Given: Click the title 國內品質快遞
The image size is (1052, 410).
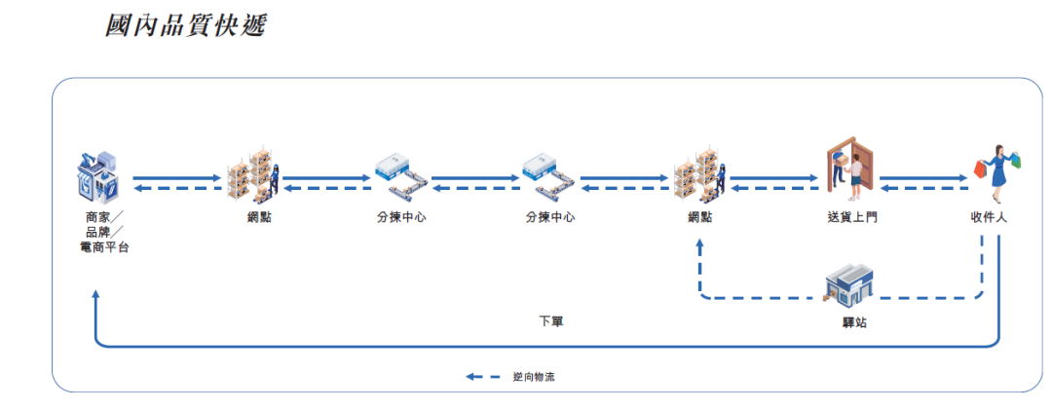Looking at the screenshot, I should (185, 24).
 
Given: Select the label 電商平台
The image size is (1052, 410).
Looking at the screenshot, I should (104, 247).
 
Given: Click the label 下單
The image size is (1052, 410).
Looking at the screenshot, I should (550, 321).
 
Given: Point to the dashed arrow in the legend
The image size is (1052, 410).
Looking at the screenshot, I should (483, 376).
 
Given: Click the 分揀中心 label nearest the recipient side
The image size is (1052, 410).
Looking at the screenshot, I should (549, 217).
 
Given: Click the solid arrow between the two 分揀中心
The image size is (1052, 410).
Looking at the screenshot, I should (475, 178).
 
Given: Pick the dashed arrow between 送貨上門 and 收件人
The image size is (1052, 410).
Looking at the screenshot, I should (920, 188).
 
